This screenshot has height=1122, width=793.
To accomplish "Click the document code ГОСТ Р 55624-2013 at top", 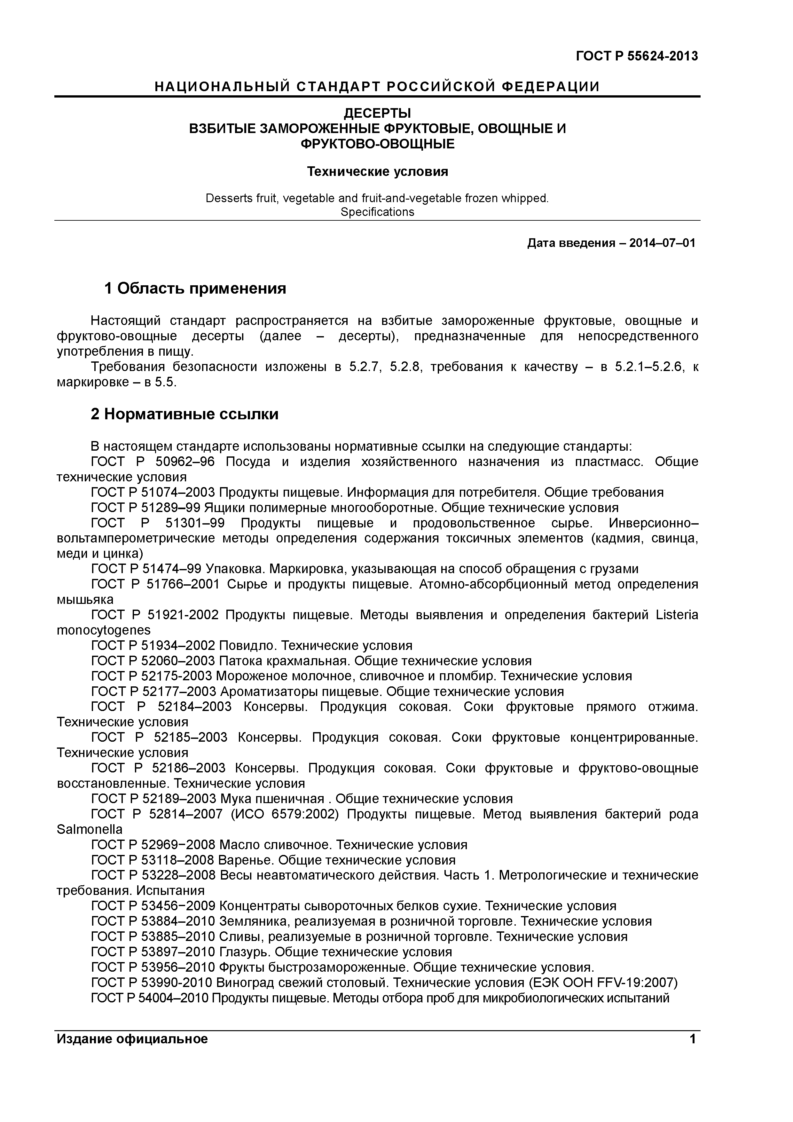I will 637,56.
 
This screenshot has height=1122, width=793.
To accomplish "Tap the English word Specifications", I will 377,212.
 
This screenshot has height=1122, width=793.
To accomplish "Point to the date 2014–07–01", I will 662,243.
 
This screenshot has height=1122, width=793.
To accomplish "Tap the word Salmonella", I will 90,829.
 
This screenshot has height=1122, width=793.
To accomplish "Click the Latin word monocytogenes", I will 104,630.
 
